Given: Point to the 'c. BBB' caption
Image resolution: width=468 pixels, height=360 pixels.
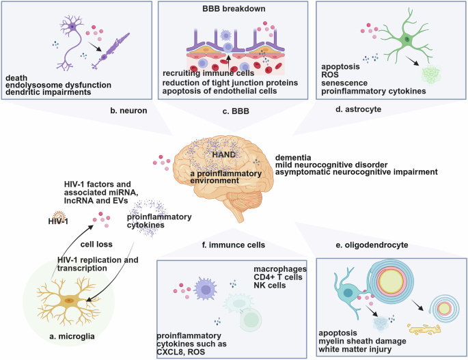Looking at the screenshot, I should [232, 109].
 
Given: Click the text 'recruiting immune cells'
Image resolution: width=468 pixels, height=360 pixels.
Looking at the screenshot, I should [208, 73].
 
